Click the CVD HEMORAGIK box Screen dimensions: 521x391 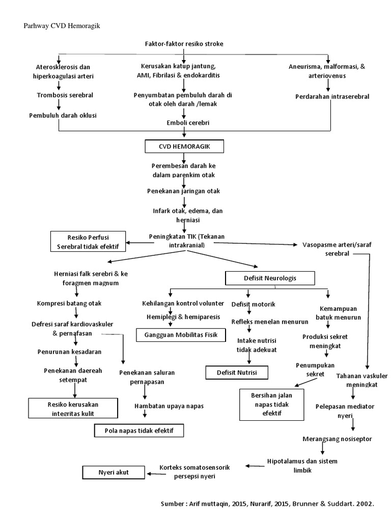[x=184, y=147]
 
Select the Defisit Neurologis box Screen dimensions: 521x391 [x=270, y=278]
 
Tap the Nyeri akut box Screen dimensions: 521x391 [x=114, y=473]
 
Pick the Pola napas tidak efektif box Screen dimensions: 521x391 [x=138, y=431]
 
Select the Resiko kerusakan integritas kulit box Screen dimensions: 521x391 [x=72, y=409]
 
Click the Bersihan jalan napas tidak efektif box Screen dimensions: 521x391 [x=265, y=404]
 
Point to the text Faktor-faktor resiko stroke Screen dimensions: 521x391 [x=184, y=44]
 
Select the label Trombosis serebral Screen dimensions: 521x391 [x=65, y=95]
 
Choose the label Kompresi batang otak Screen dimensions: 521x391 [x=69, y=303]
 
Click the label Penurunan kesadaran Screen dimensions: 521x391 [x=69, y=352]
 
